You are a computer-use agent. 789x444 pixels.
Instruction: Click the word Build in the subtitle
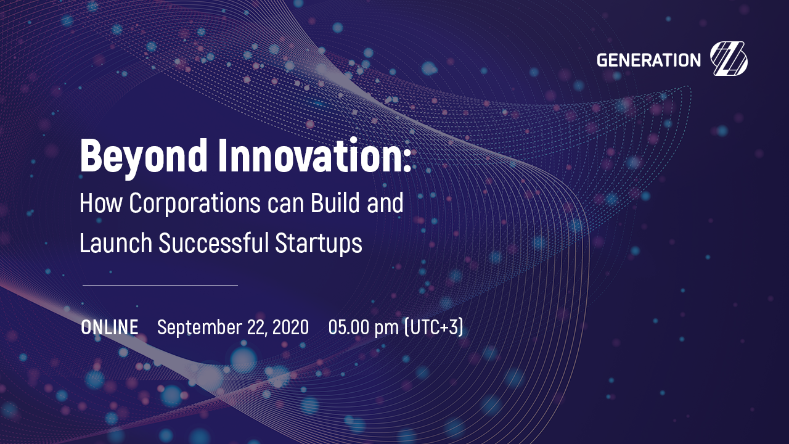(335, 203)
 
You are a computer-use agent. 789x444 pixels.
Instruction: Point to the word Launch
(116, 242)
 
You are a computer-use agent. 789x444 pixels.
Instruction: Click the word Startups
(319, 243)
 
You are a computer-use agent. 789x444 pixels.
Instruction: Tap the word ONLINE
(110, 327)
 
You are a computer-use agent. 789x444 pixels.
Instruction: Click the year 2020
(290, 327)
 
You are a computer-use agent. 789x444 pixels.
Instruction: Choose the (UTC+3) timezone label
(434, 327)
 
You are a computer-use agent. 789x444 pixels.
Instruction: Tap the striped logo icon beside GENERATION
(729, 59)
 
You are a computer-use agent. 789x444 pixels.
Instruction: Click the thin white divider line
(160, 286)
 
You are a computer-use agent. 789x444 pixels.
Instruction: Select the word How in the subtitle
(101, 203)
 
